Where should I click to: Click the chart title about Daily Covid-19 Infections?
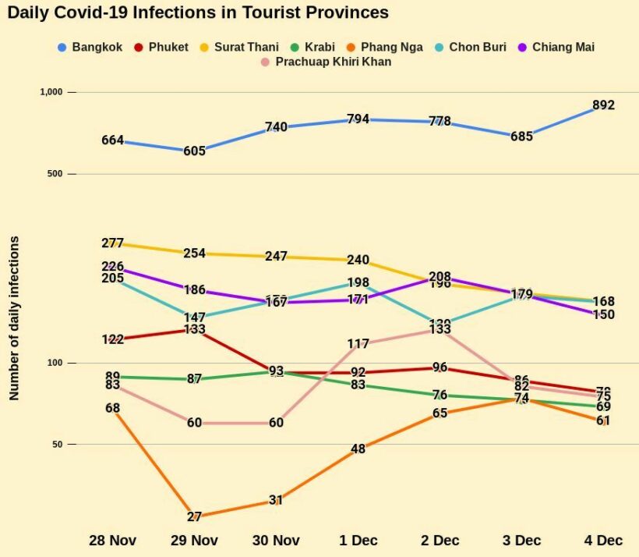198,12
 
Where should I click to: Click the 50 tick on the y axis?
55,445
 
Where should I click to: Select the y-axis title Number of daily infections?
14,318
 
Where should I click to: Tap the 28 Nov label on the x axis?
113,540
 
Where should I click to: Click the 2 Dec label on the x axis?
440,540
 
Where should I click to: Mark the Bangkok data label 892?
603,105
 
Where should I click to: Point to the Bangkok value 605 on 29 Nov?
195,151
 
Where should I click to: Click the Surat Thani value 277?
113,243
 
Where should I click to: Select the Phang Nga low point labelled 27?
195,516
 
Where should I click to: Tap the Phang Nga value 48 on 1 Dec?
358,449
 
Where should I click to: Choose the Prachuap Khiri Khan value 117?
358,343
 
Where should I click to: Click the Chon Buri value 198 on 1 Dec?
358,282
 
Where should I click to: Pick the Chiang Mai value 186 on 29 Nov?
195,289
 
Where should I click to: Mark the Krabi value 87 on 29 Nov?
195,379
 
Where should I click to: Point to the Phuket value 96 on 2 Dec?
440,367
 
